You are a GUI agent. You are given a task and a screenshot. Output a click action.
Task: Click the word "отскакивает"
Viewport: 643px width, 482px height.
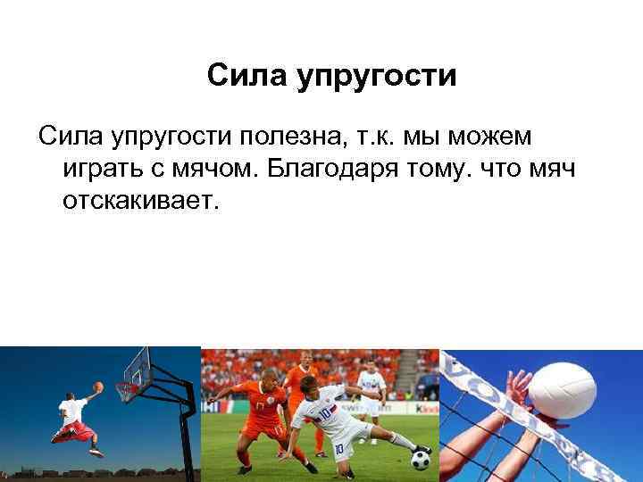pyautogui.click(x=139, y=200)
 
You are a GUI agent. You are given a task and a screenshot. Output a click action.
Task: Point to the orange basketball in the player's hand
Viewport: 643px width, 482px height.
pyautogui.click(x=98, y=386)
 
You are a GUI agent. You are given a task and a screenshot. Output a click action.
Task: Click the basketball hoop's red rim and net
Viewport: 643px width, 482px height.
pyautogui.click(x=128, y=390)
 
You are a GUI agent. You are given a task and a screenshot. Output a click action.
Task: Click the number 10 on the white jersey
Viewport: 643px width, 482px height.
pyautogui.click(x=327, y=412)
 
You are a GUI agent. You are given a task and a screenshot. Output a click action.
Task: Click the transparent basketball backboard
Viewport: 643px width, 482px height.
pyautogui.click(x=138, y=369)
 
